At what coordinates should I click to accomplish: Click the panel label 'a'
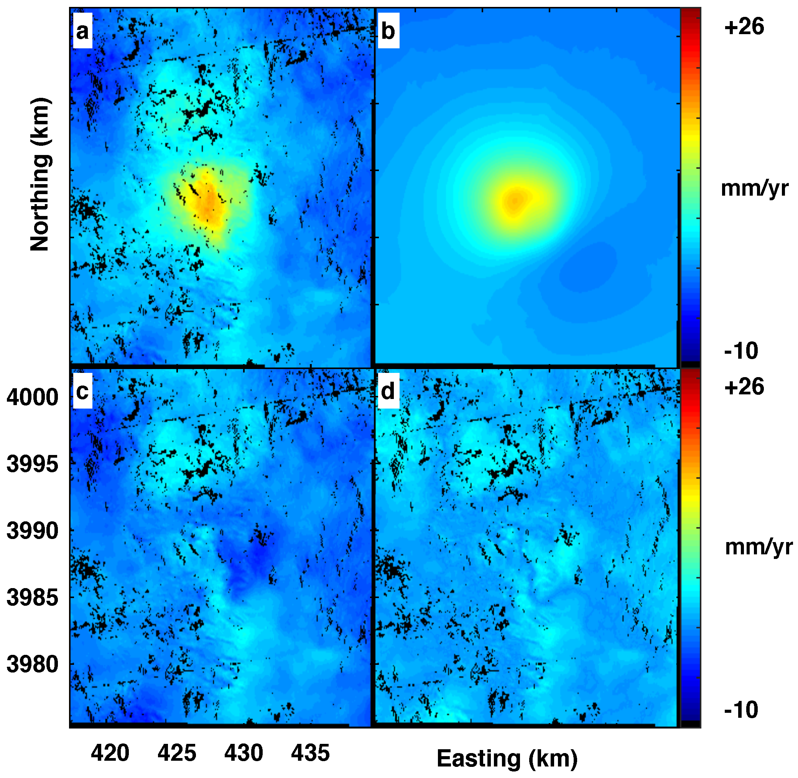82,31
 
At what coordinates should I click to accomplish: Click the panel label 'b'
388,31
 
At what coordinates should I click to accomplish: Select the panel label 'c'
82,391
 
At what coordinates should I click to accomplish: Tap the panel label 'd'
388,391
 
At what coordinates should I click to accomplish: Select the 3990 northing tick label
32,531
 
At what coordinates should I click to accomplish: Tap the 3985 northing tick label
32,598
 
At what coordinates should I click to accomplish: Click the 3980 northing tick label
32,665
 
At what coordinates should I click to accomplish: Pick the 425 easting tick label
177,753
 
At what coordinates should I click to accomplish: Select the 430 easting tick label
244,753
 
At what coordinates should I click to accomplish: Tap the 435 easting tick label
310,753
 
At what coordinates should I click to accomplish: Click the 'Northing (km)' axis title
40,174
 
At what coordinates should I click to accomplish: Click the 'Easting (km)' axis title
507,758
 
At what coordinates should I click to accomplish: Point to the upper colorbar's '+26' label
744,27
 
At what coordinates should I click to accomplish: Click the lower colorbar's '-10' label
741,710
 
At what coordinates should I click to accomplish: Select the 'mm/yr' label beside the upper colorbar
755,188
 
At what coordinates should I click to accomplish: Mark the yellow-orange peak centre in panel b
515,200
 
